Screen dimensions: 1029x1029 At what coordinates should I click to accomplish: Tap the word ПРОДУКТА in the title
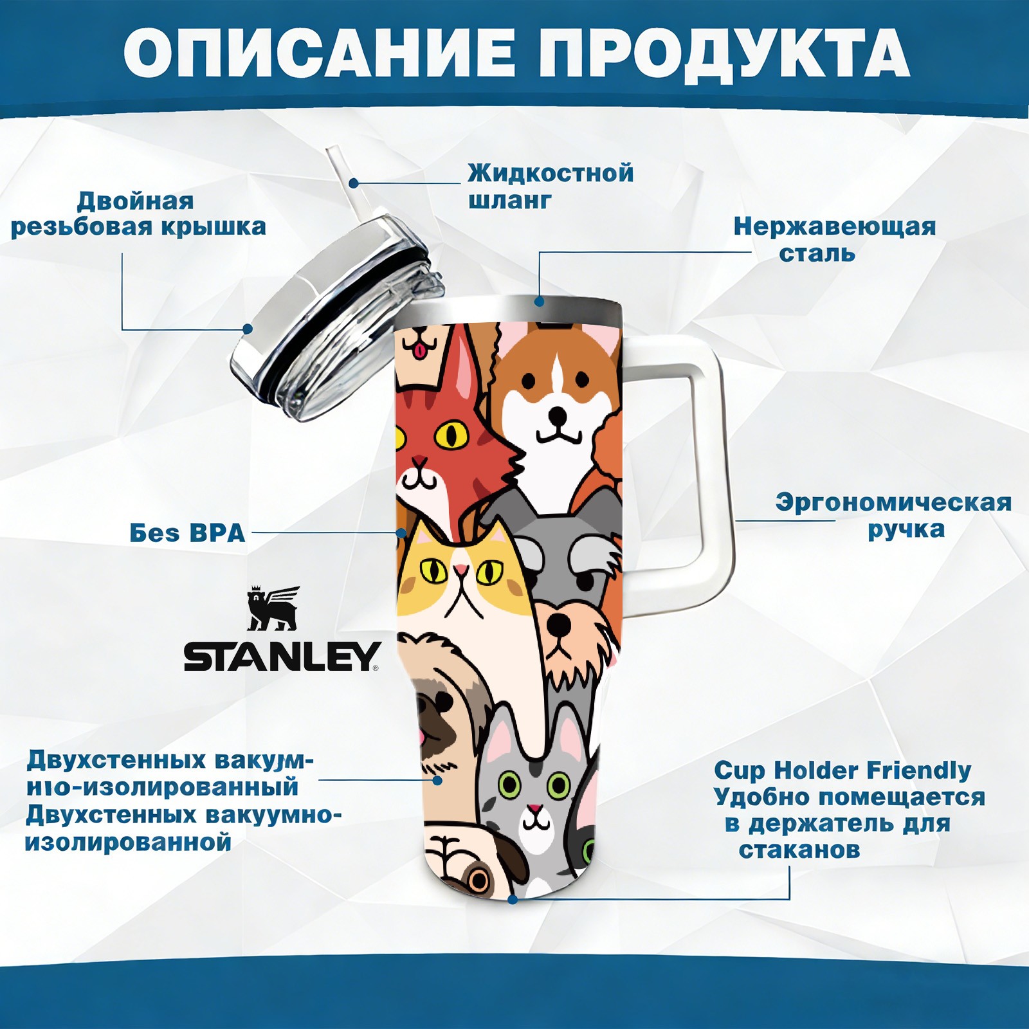pyautogui.click(x=724, y=53)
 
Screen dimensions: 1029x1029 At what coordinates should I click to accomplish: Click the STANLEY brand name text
pyautogui.click(x=282, y=656)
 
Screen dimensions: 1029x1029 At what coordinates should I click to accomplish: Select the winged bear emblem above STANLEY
pyautogui.click(x=273, y=608)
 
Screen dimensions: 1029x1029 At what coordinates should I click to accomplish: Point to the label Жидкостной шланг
pyautogui.click(x=551, y=187)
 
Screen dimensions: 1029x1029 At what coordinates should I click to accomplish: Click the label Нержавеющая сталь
pyautogui.click(x=834, y=239)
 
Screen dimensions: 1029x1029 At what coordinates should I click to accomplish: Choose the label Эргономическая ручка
pyautogui.click(x=893, y=516)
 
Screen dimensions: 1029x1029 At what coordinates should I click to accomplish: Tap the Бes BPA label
pyautogui.click(x=187, y=533)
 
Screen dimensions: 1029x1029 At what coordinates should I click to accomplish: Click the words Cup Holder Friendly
pyautogui.click(x=842, y=770)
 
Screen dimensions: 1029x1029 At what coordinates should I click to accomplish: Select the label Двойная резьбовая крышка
pyautogui.click(x=138, y=214)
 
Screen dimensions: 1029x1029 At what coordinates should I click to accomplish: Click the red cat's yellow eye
pyautogui.click(x=451, y=435)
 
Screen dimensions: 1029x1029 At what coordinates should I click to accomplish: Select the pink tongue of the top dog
pyautogui.click(x=419, y=351)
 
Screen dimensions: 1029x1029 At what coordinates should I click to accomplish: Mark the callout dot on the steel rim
pyautogui.click(x=539, y=301)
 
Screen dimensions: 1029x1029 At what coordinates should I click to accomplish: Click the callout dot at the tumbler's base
pyautogui.click(x=513, y=898)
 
